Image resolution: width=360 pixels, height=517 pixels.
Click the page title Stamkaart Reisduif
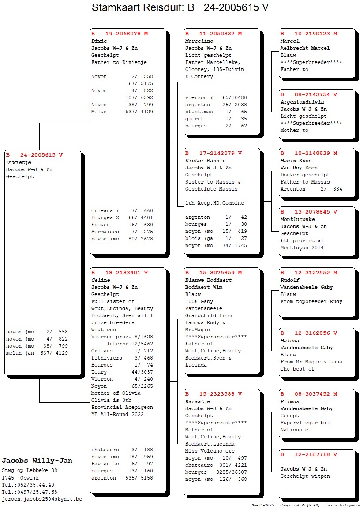tap(180, 8)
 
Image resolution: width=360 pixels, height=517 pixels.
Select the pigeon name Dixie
tap(99, 41)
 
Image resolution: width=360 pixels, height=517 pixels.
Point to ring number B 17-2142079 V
tap(214, 154)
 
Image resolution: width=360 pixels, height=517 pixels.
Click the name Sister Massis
tap(205, 161)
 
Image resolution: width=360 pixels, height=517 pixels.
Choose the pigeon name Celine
tap(101, 280)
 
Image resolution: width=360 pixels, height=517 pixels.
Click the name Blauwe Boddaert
tap(208, 280)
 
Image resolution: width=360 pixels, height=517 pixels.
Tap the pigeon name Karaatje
tap(198, 401)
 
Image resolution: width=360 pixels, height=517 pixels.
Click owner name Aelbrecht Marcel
tap(305, 48)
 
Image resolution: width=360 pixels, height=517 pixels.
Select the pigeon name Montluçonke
tap(297, 219)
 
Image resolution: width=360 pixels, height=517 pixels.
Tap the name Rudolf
tap(290, 280)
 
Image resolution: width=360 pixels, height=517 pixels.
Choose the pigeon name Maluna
tap(290, 341)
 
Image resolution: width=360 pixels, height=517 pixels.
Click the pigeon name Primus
tap(290, 401)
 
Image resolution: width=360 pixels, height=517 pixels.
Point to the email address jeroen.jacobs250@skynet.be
tap(42, 499)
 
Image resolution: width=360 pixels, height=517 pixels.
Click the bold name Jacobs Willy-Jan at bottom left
tap(37, 461)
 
